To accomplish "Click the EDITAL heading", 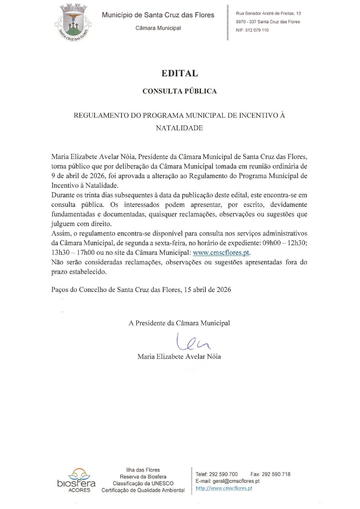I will pyautogui.click(x=180, y=73).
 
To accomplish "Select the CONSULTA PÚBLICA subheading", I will pyautogui.click(x=180, y=91).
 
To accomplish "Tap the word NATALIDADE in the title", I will pyautogui.click(x=179, y=128).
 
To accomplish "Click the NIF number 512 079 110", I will pyautogui.click(x=257, y=30).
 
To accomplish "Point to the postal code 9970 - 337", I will pyautogui.click(x=246, y=22).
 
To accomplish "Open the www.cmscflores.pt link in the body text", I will pyautogui.click(x=221, y=253).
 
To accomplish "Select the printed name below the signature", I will pyautogui.click(x=179, y=356).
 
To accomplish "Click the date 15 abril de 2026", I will pyautogui.click(x=207, y=290).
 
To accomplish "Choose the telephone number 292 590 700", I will pyautogui.click(x=223, y=474).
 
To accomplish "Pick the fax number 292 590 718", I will pyautogui.click(x=276, y=474).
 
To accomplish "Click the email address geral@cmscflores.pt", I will pyautogui.click(x=236, y=481).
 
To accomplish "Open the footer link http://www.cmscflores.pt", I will pyautogui.click(x=224, y=488).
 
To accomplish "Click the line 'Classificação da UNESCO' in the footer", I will pyautogui.click(x=143, y=483).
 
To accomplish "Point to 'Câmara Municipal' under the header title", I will pyautogui.click(x=158, y=28).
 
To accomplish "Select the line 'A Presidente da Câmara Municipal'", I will pyautogui.click(x=179, y=323).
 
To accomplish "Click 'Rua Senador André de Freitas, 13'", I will pyautogui.click(x=268, y=13).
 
